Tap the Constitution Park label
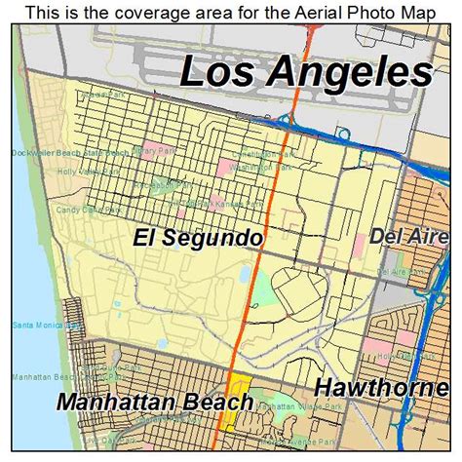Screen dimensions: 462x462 point(257,154)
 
